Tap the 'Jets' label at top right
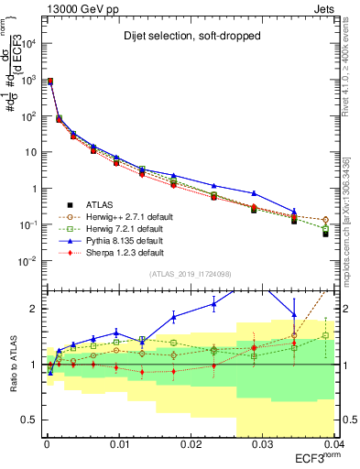tap(325, 8)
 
